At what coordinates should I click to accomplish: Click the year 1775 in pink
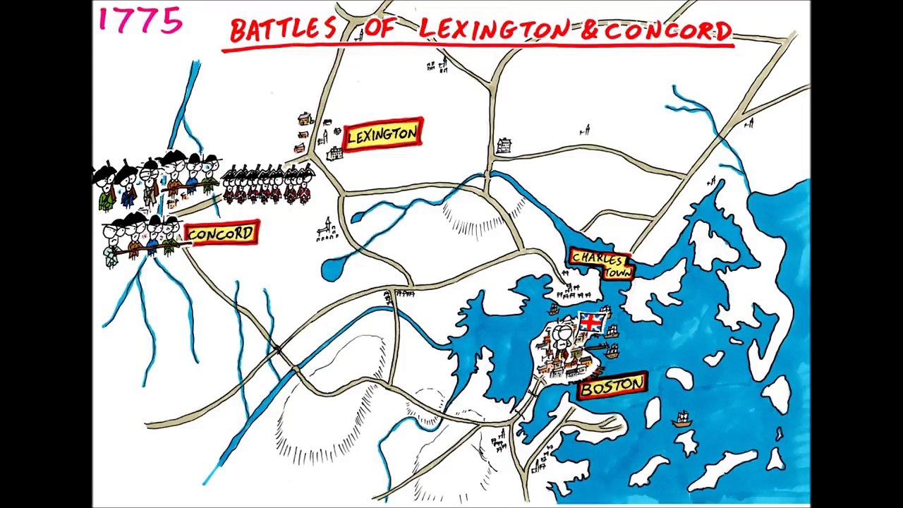point(140,20)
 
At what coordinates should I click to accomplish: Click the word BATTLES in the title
point(283,30)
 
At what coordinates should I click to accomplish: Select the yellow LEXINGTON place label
point(382,134)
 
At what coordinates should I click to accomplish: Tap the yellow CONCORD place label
point(221,234)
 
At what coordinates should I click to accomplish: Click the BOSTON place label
point(612,386)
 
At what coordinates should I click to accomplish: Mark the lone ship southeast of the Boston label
point(681,419)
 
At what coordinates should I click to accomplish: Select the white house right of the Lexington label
point(504,145)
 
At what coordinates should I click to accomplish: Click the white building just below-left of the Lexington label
point(334,153)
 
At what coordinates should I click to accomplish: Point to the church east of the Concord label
point(325,230)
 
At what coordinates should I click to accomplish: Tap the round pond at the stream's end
point(331,270)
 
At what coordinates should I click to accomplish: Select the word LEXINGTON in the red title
point(493,30)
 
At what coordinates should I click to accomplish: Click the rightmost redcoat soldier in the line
point(304,186)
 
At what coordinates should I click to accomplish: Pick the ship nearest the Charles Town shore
point(554,308)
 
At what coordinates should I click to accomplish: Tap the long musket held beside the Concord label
point(148,249)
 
